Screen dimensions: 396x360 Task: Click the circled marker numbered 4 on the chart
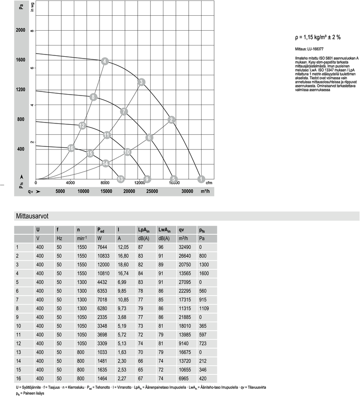click(104, 61)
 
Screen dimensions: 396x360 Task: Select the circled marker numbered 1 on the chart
click(201, 179)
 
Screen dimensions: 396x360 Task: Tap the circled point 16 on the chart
click(71, 148)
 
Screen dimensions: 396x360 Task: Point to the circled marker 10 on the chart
click(127, 152)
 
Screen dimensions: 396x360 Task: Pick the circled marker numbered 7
click(124, 111)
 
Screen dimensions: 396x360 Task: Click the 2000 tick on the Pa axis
click(21, 31)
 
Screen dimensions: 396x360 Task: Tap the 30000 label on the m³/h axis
click(188, 192)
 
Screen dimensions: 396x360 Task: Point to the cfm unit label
click(209, 183)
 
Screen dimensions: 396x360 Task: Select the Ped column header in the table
click(102, 230)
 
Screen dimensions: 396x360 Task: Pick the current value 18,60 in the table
click(123, 264)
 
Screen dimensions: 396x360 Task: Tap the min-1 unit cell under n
click(82, 238)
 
